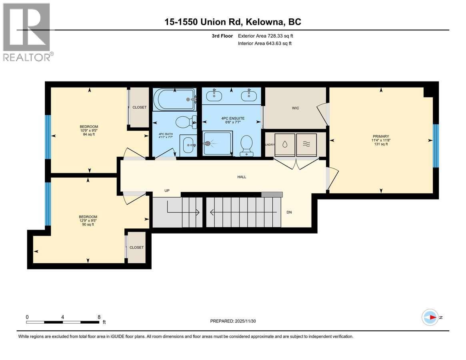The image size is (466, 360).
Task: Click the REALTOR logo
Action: tap(26, 32)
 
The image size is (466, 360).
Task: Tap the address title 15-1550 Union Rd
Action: tap(233, 22)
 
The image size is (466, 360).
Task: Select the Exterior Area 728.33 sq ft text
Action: tap(268, 36)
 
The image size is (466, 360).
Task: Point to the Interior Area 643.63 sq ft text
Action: tap(264, 43)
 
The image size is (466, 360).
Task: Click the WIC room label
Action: tap(296, 108)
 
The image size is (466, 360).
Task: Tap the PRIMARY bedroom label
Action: tap(380, 136)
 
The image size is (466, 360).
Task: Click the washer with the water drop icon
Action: tap(284, 144)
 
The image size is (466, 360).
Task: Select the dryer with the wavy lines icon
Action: tap(306, 144)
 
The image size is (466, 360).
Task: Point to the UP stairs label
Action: tap(167, 190)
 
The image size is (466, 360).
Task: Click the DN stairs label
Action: tap(289, 212)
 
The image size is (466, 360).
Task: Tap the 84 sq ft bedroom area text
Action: tap(88, 134)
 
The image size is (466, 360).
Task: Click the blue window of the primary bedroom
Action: tap(436, 146)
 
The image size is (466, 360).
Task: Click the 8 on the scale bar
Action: tap(99, 316)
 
